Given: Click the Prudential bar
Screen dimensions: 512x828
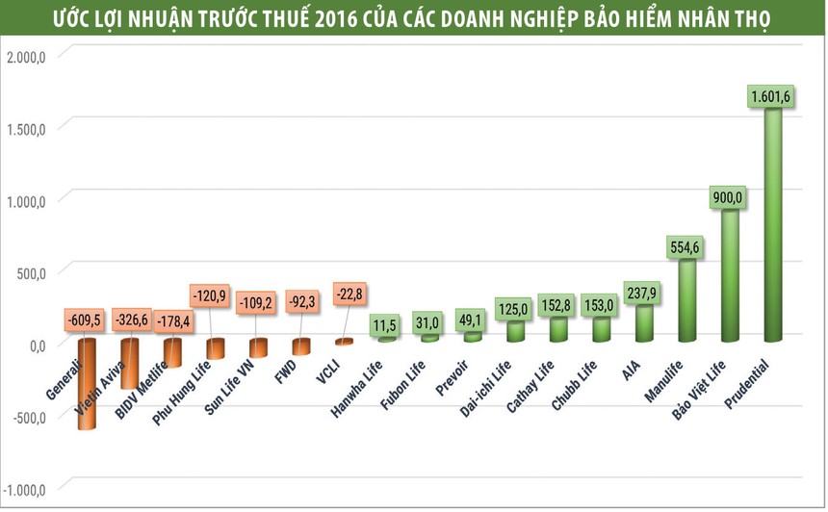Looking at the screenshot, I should point(772,226).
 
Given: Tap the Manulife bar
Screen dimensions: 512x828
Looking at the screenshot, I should point(686,301).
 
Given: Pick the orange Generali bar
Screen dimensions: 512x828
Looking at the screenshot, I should point(87,385).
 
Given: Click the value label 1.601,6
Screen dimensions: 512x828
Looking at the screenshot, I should point(771,95).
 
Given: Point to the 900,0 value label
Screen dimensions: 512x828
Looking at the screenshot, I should point(729,196).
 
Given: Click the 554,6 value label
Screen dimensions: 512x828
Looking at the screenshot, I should point(686,247).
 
